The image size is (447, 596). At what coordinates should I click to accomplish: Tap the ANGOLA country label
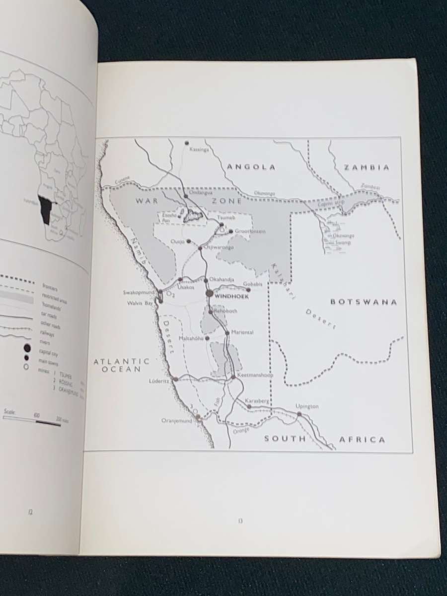pyautogui.click(x=251, y=167)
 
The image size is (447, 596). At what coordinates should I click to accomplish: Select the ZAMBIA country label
pyautogui.click(x=367, y=167)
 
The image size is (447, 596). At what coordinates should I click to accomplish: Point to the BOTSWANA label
pyautogui.click(x=364, y=301)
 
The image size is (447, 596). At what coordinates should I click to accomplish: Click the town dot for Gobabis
pyautogui.click(x=248, y=290)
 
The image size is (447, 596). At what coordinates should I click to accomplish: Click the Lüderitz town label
pyautogui.click(x=159, y=381)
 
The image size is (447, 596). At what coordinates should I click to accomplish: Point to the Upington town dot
pyautogui.click(x=299, y=413)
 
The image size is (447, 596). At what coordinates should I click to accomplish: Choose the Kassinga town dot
pyautogui.click(x=187, y=143)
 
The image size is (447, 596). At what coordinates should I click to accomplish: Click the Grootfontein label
pyautogui.click(x=250, y=231)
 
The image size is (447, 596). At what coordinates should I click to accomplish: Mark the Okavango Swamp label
pyautogui.click(x=343, y=239)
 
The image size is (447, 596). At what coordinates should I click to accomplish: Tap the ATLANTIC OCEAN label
pyautogui.click(x=122, y=365)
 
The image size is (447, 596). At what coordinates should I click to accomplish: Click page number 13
pyautogui.click(x=240, y=521)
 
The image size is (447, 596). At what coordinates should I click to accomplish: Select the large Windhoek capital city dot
pyautogui.click(x=209, y=294)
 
